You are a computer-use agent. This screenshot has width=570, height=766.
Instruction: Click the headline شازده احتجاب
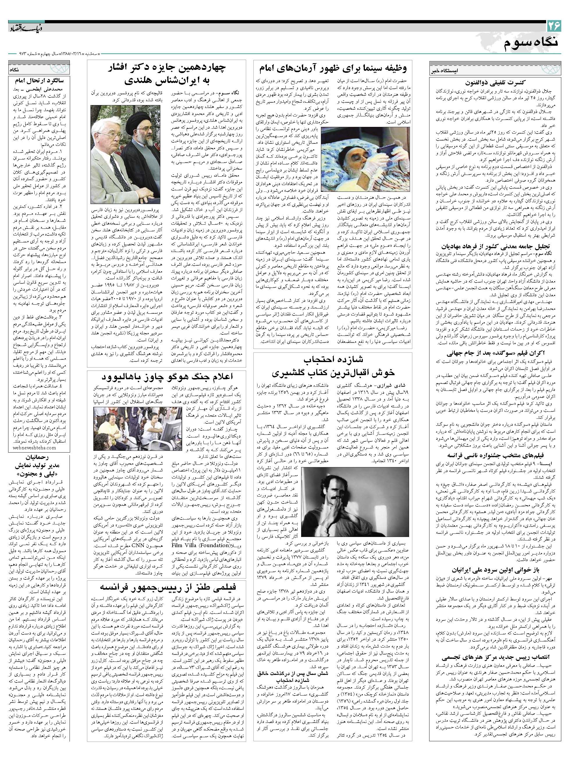point(334,359)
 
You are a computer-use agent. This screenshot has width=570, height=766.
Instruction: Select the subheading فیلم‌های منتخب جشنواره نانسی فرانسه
point(496,455)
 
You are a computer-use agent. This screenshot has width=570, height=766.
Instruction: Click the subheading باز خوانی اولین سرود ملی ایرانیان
point(496,569)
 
